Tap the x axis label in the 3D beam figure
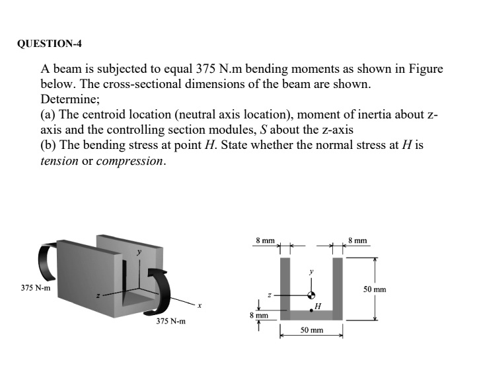tap(199, 306)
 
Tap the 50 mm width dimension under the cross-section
tap(311, 329)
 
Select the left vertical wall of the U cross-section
tap(284, 288)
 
